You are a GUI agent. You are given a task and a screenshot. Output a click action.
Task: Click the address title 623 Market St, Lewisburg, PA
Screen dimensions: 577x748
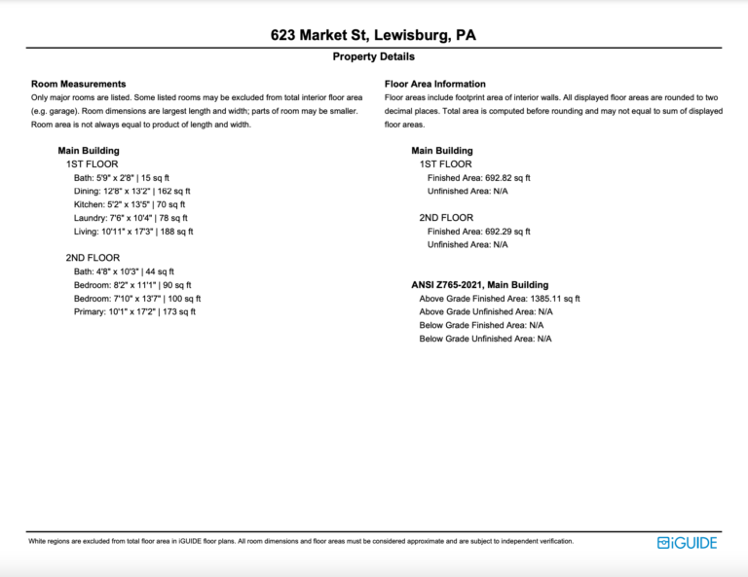coord(373,36)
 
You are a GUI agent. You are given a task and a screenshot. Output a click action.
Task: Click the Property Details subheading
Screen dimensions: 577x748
coord(373,57)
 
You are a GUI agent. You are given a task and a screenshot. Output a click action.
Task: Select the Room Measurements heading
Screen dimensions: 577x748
coord(79,85)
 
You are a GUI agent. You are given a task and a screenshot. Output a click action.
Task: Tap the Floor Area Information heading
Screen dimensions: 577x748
coord(435,85)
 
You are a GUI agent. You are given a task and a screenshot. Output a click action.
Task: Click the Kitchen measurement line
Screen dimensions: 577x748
coord(130,205)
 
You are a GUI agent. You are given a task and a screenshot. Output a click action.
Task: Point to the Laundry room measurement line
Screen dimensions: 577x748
coord(131,219)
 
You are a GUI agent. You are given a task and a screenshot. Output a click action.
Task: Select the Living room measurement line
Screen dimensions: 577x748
coord(133,232)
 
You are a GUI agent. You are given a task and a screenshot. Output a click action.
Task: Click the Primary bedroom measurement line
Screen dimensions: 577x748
coord(134,312)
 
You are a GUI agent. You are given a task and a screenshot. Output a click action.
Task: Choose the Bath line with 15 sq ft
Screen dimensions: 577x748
coord(122,178)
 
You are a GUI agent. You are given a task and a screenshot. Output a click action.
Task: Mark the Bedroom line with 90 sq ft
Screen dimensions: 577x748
coord(132,285)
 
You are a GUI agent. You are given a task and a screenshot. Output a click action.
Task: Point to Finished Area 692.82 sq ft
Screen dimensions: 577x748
coord(479,178)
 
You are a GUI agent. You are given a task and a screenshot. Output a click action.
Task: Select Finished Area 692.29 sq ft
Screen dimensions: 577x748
coord(479,232)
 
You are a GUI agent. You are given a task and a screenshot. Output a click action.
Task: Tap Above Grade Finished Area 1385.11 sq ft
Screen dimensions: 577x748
coord(500,299)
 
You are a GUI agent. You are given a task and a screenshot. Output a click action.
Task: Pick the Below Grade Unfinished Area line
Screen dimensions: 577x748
coord(486,339)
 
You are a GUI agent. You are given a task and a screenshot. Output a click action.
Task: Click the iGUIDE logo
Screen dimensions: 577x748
coord(687,543)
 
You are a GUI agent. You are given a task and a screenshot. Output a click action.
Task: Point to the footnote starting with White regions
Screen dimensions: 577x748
coord(301,541)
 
